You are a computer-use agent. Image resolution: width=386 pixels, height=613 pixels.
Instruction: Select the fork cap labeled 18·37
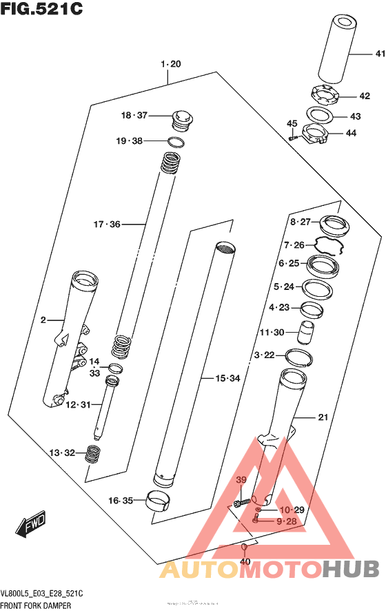pyautogui.click(x=182, y=119)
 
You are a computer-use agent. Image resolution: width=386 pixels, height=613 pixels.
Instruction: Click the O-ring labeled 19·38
pyautogui.click(x=176, y=143)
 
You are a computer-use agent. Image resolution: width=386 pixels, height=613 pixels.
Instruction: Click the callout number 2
pyautogui.click(x=43, y=320)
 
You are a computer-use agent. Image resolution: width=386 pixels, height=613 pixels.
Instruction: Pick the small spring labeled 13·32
pyautogui.click(x=92, y=455)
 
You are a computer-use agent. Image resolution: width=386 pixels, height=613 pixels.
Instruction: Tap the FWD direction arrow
pyautogui.click(x=32, y=526)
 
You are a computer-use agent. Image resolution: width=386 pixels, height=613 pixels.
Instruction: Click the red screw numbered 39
pyautogui.click(x=240, y=503)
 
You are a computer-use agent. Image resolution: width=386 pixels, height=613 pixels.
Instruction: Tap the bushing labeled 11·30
pyautogui.click(x=305, y=333)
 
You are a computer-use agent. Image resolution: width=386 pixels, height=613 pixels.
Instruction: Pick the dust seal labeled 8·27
pyautogui.click(x=335, y=225)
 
